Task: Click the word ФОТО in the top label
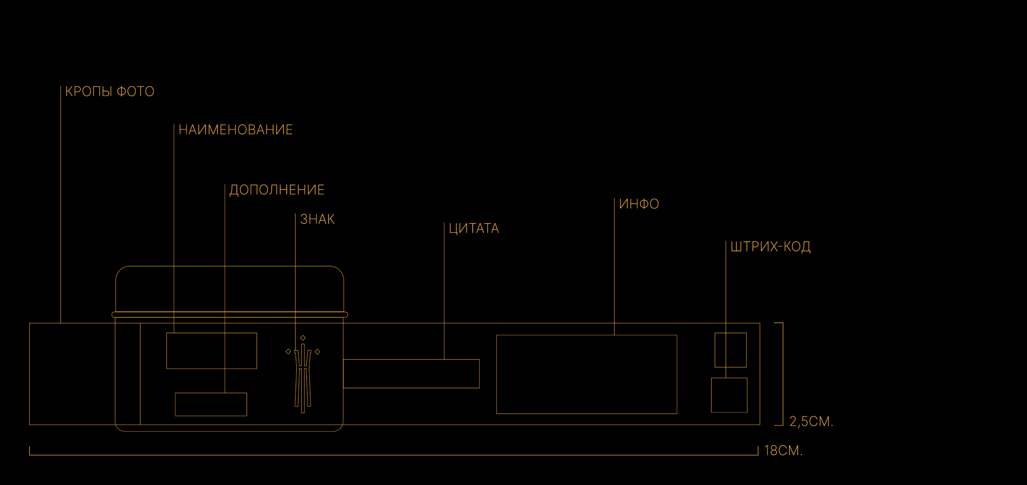click(x=135, y=92)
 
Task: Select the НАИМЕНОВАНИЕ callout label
click(x=235, y=130)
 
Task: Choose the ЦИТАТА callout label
click(x=474, y=229)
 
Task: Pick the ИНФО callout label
click(x=639, y=204)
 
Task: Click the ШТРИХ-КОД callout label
click(x=770, y=247)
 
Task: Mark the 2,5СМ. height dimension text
click(x=811, y=421)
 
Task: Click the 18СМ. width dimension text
click(x=783, y=451)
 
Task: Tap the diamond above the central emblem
click(x=303, y=338)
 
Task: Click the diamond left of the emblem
click(x=288, y=352)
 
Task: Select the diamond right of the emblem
click(x=317, y=352)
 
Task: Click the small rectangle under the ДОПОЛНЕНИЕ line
click(x=211, y=404)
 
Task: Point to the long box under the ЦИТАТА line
click(x=411, y=373)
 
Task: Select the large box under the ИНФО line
click(x=586, y=374)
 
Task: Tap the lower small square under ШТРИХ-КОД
click(x=729, y=395)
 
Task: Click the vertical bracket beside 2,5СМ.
click(x=783, y=374)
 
